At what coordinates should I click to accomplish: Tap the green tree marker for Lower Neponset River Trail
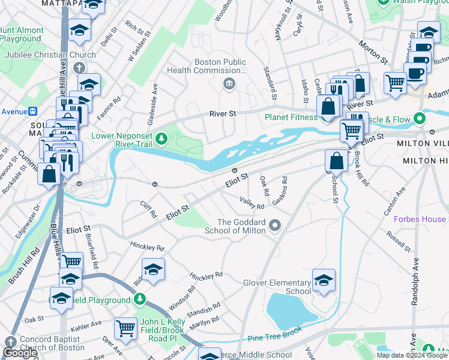[161, 139]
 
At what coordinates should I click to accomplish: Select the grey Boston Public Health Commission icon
[229, 84]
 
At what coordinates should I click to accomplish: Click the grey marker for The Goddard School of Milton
[275, 226]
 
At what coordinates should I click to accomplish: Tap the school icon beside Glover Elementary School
[324, 281]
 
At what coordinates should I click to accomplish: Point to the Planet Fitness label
[291, 117]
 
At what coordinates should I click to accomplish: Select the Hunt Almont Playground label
[22, 34]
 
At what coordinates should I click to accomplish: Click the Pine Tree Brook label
[274, 339]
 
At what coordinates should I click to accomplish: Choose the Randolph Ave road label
[415, 282]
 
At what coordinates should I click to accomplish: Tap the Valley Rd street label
[252, 203]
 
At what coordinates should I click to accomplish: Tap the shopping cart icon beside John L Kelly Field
[125, 328]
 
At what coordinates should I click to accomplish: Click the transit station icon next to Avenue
[34, 111]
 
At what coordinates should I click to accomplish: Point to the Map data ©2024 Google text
[412, 355]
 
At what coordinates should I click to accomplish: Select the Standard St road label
[270, 83]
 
